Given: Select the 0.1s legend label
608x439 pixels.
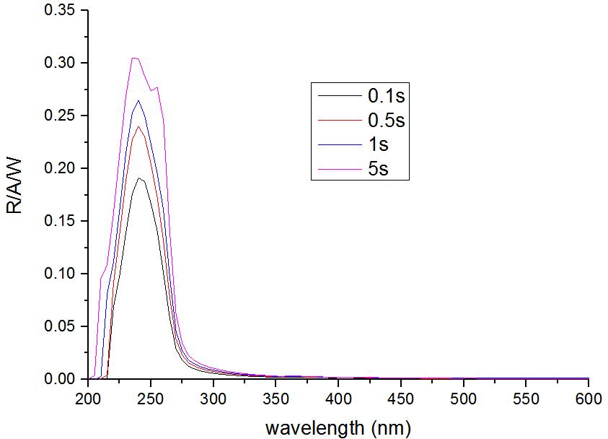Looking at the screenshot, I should click(x=383, y=95).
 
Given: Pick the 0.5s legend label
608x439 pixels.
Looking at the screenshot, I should click(x=383, y=119).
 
